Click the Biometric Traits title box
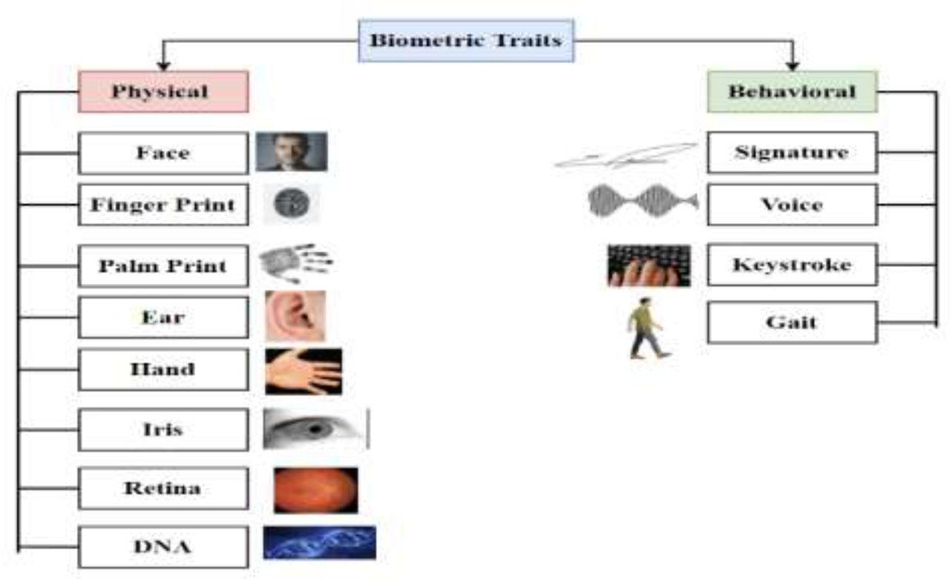pos(466,41)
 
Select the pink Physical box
pos(163,91)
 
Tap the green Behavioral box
pos(792,91)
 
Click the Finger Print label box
pos(163,205)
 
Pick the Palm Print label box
pos(163,266)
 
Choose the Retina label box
pos(163,488)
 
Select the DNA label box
pos(163,547)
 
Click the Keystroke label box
pos(792,265)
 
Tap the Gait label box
pos(792,322)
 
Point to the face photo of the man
pos(292,152)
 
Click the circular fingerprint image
pos(292,203)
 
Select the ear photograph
pos(295,316)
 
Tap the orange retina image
pos(316,491)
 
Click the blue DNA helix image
pos(319,543)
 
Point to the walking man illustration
pos(649,328)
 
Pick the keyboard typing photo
pos(649,265)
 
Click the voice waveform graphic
pos(643,201)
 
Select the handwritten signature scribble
pos(626,156)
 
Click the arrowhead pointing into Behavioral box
pos(792,67)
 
